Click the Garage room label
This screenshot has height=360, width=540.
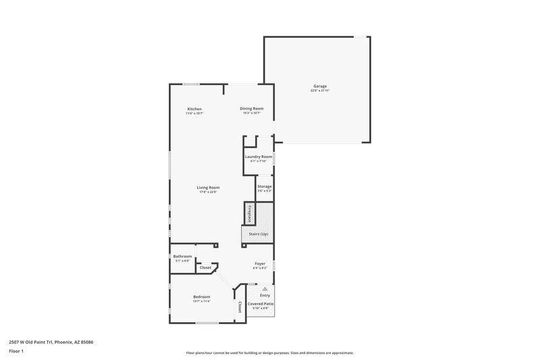[x=320, y=86]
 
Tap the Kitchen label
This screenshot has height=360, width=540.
[x=194, y=109]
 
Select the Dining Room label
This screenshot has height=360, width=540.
[x=252, y=108]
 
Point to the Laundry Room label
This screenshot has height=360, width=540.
[x=259, y=156]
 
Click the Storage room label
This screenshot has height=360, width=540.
[x=264, y=186]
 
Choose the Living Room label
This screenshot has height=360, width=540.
[x=208, y=187]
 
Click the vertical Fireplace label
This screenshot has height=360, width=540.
[x=249, y=213]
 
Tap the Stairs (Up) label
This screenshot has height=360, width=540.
[x=259, y=234]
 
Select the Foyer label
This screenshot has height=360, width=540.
[x=260, y=263]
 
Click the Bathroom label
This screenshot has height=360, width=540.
[x=182, y=256]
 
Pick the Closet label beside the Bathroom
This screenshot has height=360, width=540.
[x=205, y=267]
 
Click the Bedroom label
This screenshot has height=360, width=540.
[x=202, y=297]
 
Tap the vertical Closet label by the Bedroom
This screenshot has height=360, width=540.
[x=240, y=307]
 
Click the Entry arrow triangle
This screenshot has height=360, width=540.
[x=265, y=288]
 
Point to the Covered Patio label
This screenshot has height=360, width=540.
[x=261, y=304]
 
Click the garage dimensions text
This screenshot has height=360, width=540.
[x=320, y=91]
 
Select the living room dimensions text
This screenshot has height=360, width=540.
[x=208, y=192]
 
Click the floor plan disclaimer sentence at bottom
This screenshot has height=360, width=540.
[x=270, y=353]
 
